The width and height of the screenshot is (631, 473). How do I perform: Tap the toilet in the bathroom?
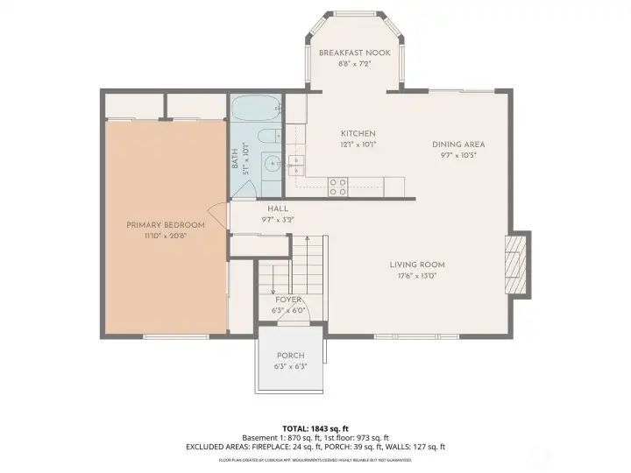click(270, 136)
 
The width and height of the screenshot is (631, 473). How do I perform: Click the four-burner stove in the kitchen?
click(337, 186)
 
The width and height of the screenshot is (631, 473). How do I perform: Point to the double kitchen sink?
click(297, 161)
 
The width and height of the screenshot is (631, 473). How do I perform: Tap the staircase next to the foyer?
click(308, 267)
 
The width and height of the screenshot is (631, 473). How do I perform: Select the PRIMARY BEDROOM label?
click(166, 225)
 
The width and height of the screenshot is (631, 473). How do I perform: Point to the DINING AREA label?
click(458, 145)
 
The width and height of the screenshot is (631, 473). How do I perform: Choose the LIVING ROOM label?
click(417, 265)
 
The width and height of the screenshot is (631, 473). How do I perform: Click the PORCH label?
click(290, 356)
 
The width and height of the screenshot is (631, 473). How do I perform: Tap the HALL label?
click(278, 209)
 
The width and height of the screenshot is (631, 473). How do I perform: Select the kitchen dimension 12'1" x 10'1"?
click(358, 145)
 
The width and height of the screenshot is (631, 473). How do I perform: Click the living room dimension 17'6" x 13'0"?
click(417, 276)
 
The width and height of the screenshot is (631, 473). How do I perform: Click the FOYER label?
click(288, 300)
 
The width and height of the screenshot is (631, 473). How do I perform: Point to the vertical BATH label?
click(235, 159)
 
